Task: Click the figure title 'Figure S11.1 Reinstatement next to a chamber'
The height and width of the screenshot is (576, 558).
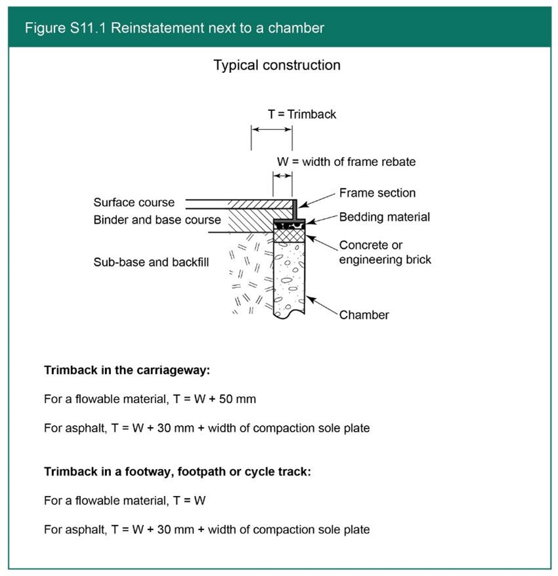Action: pyautogui.click(x=174, y=28)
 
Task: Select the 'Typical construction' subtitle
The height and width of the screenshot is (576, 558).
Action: pyautogui.click(x=276, y=66)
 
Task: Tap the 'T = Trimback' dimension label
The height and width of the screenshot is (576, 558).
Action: pyautogui.click(x=301, y=114)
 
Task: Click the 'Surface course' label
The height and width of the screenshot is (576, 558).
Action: pyautogui.click(x=134, y=203)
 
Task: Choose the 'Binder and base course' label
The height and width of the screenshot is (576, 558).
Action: pyautogui.click(x=157, y=220)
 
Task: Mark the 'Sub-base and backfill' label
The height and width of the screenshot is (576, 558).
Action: pyautogui.click(x=151, y=262)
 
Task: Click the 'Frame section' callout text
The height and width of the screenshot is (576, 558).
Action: pyautogui.click(x=377, y=193)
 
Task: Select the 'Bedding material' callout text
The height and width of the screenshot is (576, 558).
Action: pyautogui.click(x=384, y=216)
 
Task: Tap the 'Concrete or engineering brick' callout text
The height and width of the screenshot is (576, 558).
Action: pyautogui.click(x=385, y=253)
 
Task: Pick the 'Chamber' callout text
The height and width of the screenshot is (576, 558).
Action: pyautogui.click(x=364, y=315)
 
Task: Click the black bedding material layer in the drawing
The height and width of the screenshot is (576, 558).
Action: pyautogui.click(x=289, y=224)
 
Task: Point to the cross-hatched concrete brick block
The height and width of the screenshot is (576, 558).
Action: pyautogui.click(x=289, y=235)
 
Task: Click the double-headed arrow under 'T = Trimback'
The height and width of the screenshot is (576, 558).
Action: pyautogui.click(x=271, y=131)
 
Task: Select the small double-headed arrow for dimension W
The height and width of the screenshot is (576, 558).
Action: pyautogui.click(x=283, y=176)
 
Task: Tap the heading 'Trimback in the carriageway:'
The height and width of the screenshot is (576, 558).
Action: pyautogui.click(x=127, y=370)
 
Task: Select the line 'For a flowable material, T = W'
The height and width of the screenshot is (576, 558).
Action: pyautogui.click(x=125, y=501)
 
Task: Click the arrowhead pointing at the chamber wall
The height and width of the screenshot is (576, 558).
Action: pyautogui.click(x=311, y=299)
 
